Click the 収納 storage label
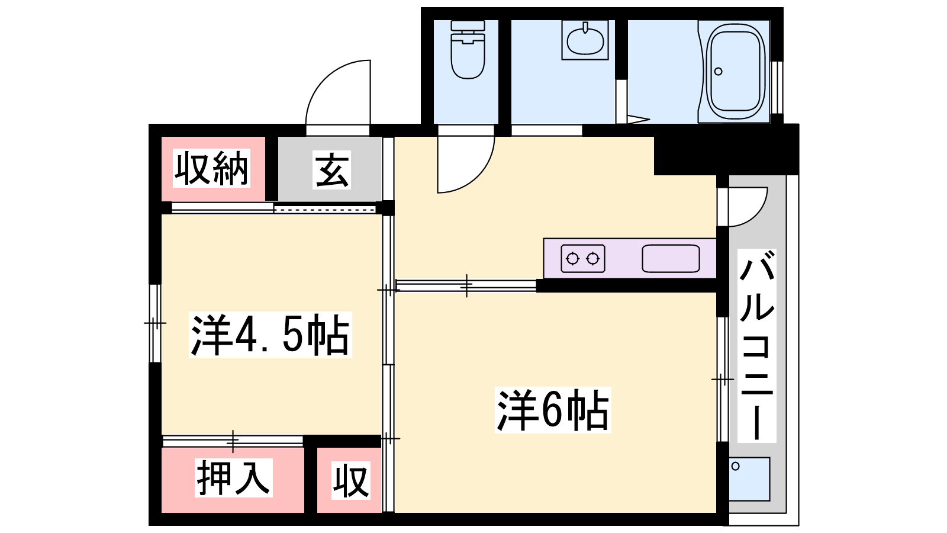(211, 168)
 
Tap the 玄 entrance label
(331, 169)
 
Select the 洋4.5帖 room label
(270, 335)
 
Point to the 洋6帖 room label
(553, 410)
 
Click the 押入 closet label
(233, 477)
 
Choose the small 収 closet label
(350, 480)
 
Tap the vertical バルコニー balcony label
(757, 346)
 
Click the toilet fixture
(468, 50)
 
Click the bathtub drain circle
(719, 72)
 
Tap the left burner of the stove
(572, 258)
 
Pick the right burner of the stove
(594, 258)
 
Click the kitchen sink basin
(671, 258)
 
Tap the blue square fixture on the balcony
(749, 479)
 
